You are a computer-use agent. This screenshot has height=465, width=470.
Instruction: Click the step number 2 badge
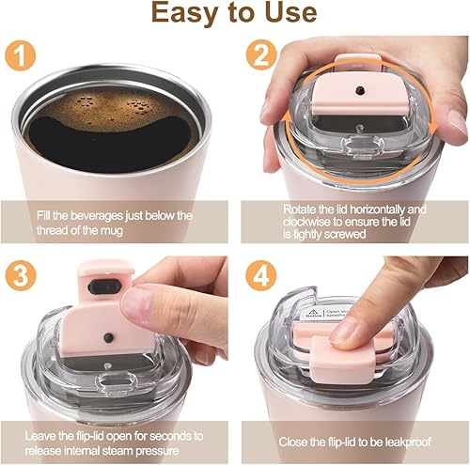[x=262, y=55]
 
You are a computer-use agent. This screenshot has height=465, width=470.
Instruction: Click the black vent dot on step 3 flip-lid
[x=109, y=336]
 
